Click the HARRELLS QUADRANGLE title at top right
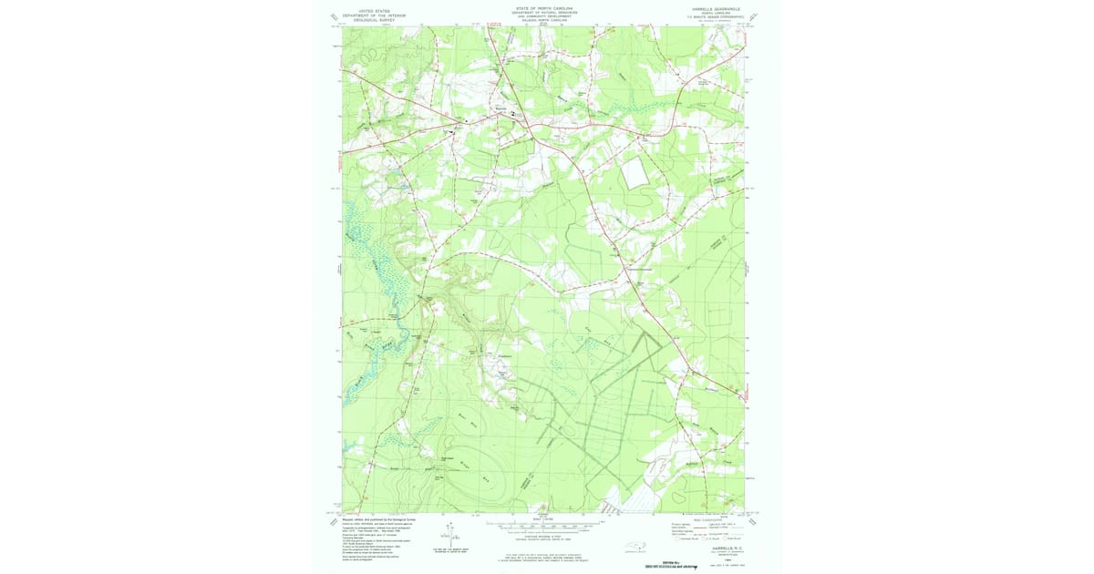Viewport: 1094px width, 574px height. coord(716,7)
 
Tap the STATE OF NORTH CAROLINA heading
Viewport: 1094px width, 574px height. coord(543,7)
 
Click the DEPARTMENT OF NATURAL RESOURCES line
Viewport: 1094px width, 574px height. coord(543,12)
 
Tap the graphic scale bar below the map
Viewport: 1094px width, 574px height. coord(544,525)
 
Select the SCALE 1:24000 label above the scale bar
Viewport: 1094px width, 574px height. coord(544,519)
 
